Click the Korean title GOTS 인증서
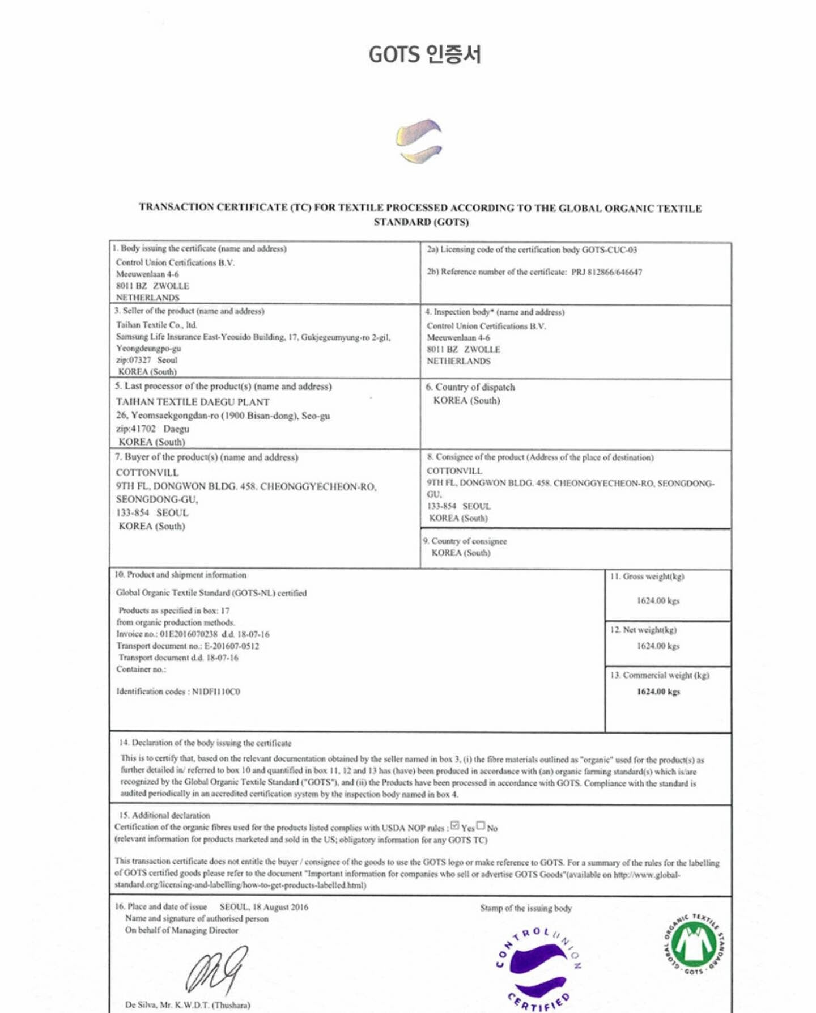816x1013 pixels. click(x=424, y=54)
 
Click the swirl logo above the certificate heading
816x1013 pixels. click(x=419, y=141)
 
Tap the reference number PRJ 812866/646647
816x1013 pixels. click(x=606, y=272)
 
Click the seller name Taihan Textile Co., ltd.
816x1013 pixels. click(x=156, y=325)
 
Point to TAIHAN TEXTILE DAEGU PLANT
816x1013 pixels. click(x=193, y=402)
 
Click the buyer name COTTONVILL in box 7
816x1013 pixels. click(x=147, y=472)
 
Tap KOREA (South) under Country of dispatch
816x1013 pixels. click(x=466, y=401)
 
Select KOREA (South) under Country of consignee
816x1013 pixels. click(x=461, y=553)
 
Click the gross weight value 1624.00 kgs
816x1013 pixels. click(x=658, y=601)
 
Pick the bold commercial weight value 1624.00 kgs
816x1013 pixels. click(x=658, y=692)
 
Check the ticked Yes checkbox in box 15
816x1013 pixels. click(x=455, y=826)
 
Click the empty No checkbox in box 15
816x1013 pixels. click(x=481, y=826)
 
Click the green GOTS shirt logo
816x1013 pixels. click(x=694, y=944)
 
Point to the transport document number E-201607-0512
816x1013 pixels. click(x=232, y=646)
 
